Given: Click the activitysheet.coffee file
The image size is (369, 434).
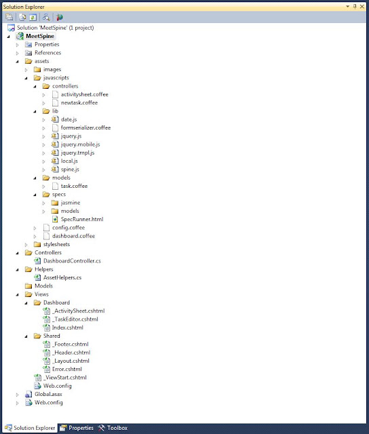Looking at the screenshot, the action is point(84,94).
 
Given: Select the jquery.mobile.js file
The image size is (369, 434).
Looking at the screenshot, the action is point(80,144).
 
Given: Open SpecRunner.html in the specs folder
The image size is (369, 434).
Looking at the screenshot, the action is point(82,219).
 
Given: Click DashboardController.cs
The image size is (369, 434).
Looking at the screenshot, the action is point(72,260).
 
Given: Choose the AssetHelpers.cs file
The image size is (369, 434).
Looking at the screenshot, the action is point(62,277).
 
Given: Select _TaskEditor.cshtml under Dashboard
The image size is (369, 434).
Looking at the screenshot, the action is point(75,319).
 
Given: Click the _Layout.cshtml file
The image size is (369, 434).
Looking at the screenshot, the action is point(71,361).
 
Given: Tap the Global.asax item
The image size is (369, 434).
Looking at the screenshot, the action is point(48,394).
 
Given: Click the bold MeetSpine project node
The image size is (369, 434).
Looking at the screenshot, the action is point(40,36).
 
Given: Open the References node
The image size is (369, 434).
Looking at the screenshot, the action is point(47,53).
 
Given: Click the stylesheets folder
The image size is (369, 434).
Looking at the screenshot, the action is point(56,244).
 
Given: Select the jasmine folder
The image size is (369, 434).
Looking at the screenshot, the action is point(71,203).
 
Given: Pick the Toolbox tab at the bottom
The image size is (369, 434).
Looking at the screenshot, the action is point(113,428).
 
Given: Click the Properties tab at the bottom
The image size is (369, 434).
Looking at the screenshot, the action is point(77,428).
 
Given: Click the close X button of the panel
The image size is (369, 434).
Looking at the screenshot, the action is point(362,6).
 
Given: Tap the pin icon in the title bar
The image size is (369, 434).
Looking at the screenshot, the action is point(355,6).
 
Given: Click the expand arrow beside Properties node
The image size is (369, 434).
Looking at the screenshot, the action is point(18,45).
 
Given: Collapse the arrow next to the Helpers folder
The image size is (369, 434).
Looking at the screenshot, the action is point(18,269).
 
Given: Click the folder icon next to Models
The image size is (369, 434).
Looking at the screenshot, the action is point(28,286).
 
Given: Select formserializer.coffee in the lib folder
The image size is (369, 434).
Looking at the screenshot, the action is point(85,127).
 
